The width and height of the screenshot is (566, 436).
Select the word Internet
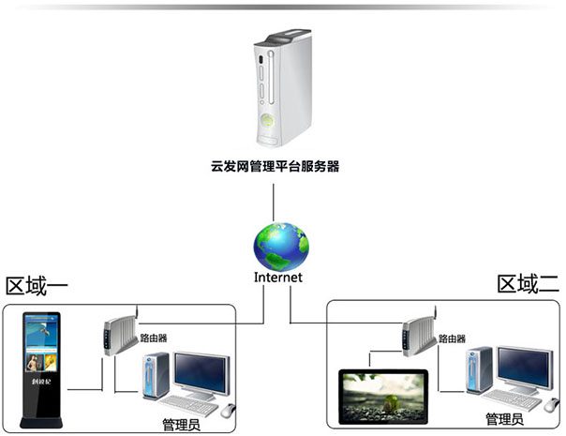coord(277,278)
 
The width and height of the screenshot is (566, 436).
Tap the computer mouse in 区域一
coord(228,410)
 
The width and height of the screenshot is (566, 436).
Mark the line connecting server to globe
coord(274,199)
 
